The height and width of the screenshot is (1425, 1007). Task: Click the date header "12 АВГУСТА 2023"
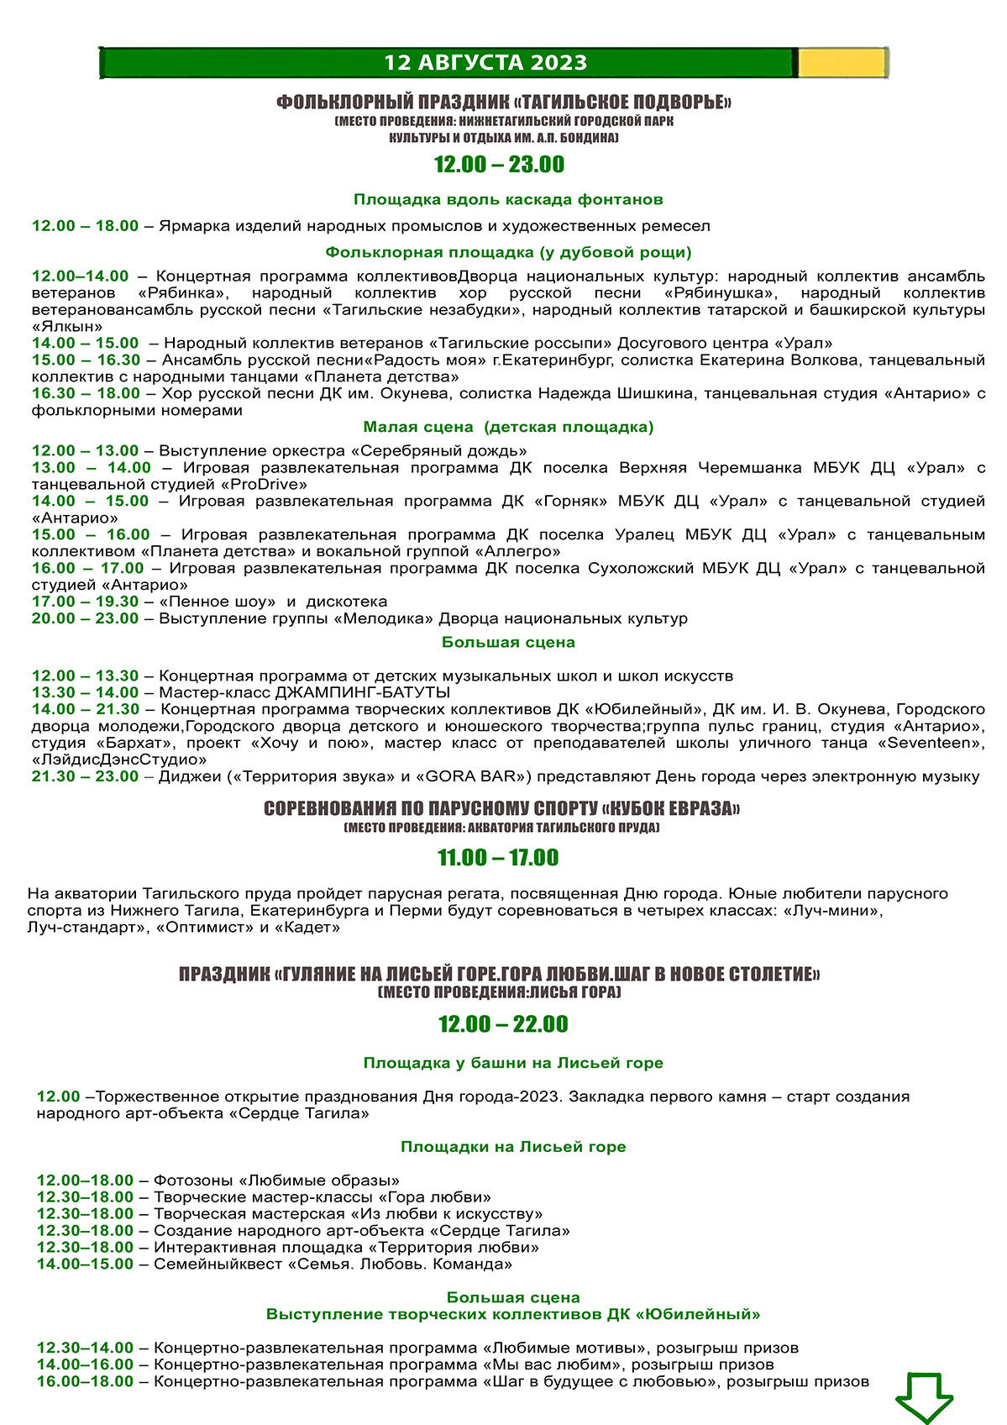point(485,63)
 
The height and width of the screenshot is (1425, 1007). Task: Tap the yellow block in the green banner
point(841,63)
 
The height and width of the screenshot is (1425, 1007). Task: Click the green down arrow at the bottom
point(924,1396)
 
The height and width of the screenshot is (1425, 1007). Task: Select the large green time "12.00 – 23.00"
point(499,165)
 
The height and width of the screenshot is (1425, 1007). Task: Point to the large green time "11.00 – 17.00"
point(498,858)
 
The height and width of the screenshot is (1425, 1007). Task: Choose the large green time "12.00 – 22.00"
point(503,1024)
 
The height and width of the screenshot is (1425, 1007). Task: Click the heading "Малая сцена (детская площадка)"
point(508,427)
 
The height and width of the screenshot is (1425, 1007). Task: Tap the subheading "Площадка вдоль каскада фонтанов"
point(508,200)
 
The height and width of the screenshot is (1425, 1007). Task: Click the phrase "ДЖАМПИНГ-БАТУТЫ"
point(363,692)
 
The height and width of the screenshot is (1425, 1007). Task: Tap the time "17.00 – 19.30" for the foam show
point(85,602)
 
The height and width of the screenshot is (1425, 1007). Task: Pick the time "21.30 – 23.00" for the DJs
point(85,776)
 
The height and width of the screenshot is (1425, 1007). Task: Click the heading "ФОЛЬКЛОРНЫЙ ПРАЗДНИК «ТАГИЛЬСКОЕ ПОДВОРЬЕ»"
point(504,103)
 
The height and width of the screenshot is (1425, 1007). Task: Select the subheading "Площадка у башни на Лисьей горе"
point(513,1063)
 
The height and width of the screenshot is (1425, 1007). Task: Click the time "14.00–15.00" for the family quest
point(85,1264)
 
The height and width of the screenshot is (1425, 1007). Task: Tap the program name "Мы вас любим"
point(552,1365)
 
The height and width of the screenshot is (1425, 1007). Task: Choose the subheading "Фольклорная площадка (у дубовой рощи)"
point(508,252)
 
